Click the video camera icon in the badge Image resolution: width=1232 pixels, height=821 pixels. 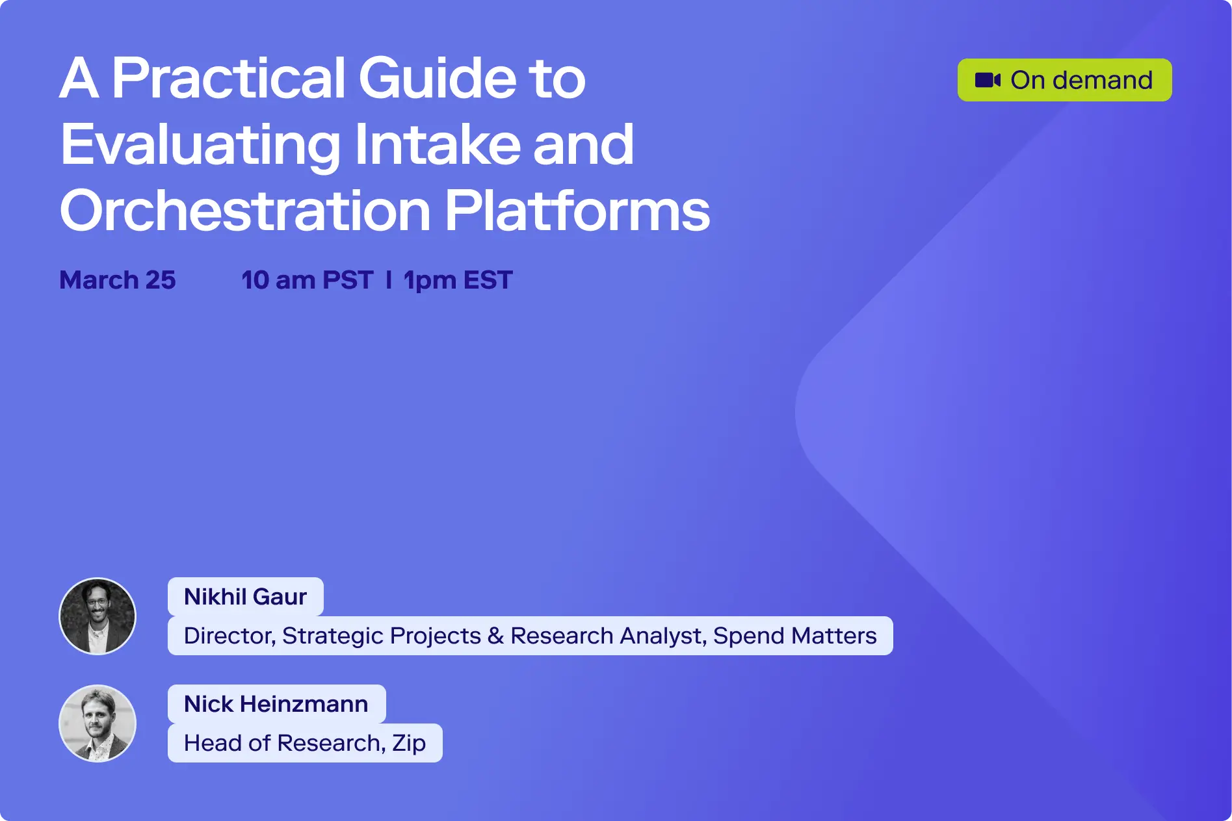[988, 80]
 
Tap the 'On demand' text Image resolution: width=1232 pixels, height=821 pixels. [1081, 80]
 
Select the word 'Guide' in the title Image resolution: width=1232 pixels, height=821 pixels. [437, 78]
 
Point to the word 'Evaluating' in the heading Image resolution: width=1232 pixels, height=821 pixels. [200, 145]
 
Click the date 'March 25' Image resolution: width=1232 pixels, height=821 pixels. [118, 280]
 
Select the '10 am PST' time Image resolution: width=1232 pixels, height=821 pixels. [307, 280]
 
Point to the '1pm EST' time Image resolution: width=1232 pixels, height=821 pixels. [458, 280]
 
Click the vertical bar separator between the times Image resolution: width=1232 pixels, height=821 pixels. [389, 280]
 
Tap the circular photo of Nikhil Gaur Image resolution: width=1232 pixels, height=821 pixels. [98, 616]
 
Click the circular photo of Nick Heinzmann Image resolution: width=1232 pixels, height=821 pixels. [98, 723]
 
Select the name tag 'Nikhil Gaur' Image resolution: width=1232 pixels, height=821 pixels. [245, 597]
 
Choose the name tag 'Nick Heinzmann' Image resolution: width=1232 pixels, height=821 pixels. [276, 704]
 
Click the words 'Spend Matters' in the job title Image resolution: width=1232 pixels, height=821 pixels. [794, 636]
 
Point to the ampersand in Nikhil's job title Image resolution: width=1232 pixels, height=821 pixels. [495, 636]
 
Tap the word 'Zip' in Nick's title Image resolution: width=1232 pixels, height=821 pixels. [409, 743]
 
